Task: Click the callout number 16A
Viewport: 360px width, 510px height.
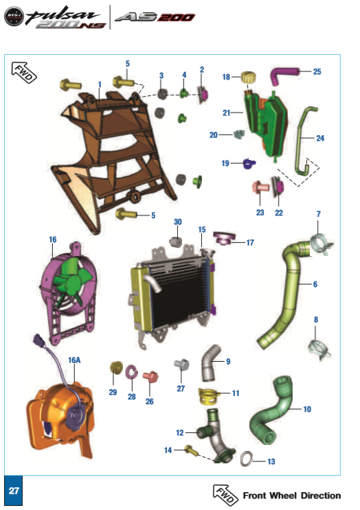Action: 74,358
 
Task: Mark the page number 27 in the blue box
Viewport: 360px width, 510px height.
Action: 14,492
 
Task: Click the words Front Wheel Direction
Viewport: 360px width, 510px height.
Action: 291,496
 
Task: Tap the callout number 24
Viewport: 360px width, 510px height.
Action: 320,138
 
